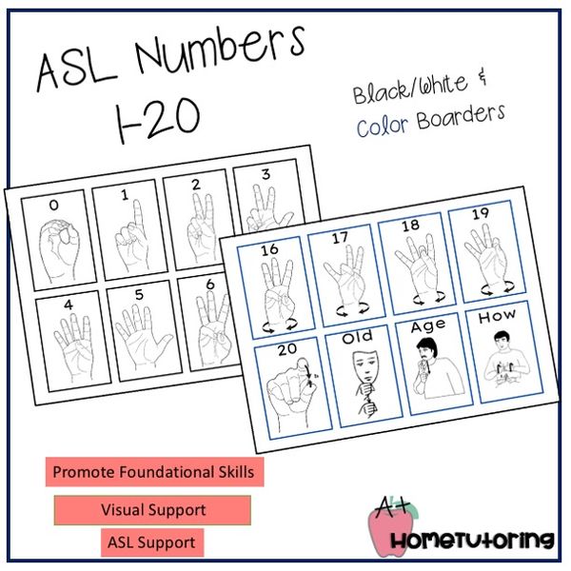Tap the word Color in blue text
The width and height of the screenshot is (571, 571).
coord(377,127)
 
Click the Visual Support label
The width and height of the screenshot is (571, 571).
coord(152,509)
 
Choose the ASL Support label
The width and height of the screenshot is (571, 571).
coord(152,542)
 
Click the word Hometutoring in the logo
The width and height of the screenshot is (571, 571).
coord(474,541)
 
